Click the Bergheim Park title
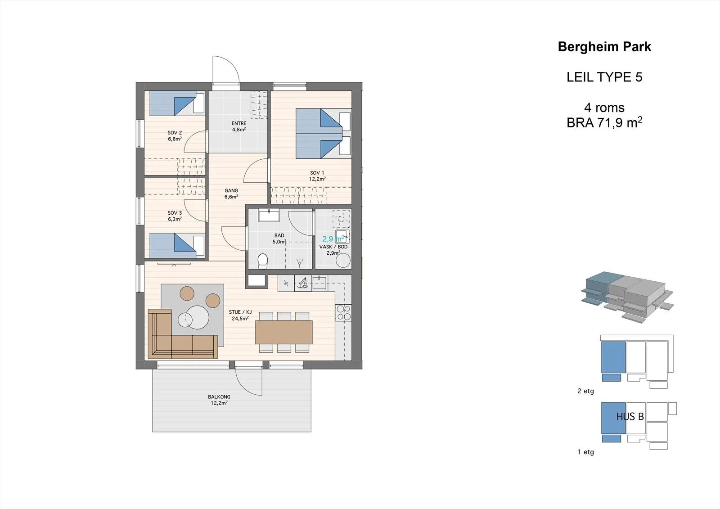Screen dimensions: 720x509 (x=604, y=47)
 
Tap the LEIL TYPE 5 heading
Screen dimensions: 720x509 (x=604, y=77)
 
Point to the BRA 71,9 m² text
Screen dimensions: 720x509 (x=604, y=122)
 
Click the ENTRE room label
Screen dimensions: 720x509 (x=239, y=123)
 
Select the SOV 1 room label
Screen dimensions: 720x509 (x=317, y=173)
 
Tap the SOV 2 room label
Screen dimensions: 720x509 (x=175, y=132)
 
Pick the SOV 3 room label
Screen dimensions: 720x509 (x=175, y=213)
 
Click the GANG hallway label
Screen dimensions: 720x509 (x=231, y=190)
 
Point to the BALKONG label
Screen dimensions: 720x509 (x=219, y=397)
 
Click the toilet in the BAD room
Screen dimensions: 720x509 (x=263, y=261)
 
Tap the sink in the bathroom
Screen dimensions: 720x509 (x=269, y=215)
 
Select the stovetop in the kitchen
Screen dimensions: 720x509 (x=343, y=313)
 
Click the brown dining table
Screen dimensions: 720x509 (x=284, y=332)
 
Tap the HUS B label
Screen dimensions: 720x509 (x=630, y=417)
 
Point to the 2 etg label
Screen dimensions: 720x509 (x=585, y=391)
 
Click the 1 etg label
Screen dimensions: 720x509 (x=585, y=452)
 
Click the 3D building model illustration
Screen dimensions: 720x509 (x=627, y=297)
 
